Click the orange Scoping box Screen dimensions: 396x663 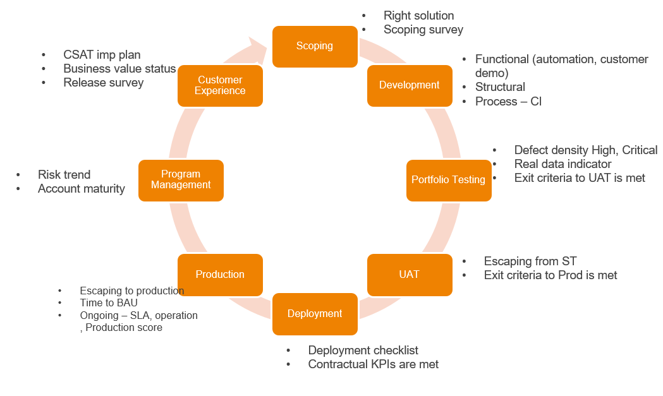(x=314, y=46)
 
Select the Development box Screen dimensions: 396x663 (x=410, y=85)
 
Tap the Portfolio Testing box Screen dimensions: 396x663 (x=448, y=180)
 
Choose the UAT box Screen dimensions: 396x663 (x=410, y=275)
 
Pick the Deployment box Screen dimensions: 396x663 (x=315, y=314)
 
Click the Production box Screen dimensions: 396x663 (x=220, y=275)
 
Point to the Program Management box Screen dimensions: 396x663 (x=181, y=180)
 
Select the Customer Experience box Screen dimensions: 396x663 (x=220, y=85)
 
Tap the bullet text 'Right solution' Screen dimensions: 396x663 (x=418, y=16)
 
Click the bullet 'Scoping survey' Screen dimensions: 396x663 (x=423, y=30)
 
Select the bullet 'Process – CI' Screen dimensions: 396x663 (x=508, y=102)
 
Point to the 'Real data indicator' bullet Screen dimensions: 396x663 (x=563, y=164)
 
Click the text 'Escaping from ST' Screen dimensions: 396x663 (x=530, y=261)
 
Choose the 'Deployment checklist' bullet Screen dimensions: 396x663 (x=363, y=351)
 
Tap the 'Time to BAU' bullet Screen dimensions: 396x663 (x=108, y=303)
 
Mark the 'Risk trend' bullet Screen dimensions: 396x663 (x=64, y=175)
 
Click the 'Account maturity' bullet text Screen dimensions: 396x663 (x=81, y=189)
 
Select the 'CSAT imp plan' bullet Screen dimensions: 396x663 (x=102, y=55)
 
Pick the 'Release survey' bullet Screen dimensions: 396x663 (x=103, y=83)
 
